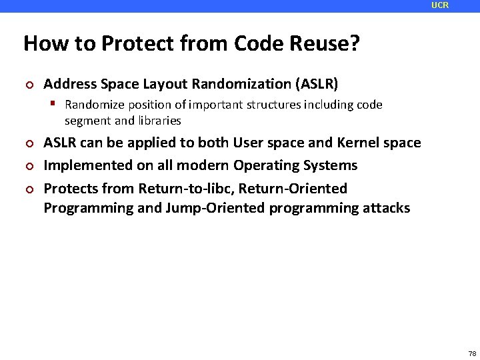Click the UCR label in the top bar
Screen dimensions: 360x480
click(440, 5)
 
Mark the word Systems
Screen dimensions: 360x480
click(333, 165)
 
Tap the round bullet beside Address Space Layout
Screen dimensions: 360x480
click(29, 85)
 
